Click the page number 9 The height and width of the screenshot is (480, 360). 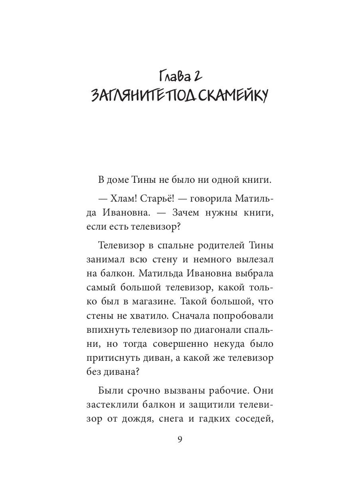click(x=180, y=439)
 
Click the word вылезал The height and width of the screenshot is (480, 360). click(x=253, y=260)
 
